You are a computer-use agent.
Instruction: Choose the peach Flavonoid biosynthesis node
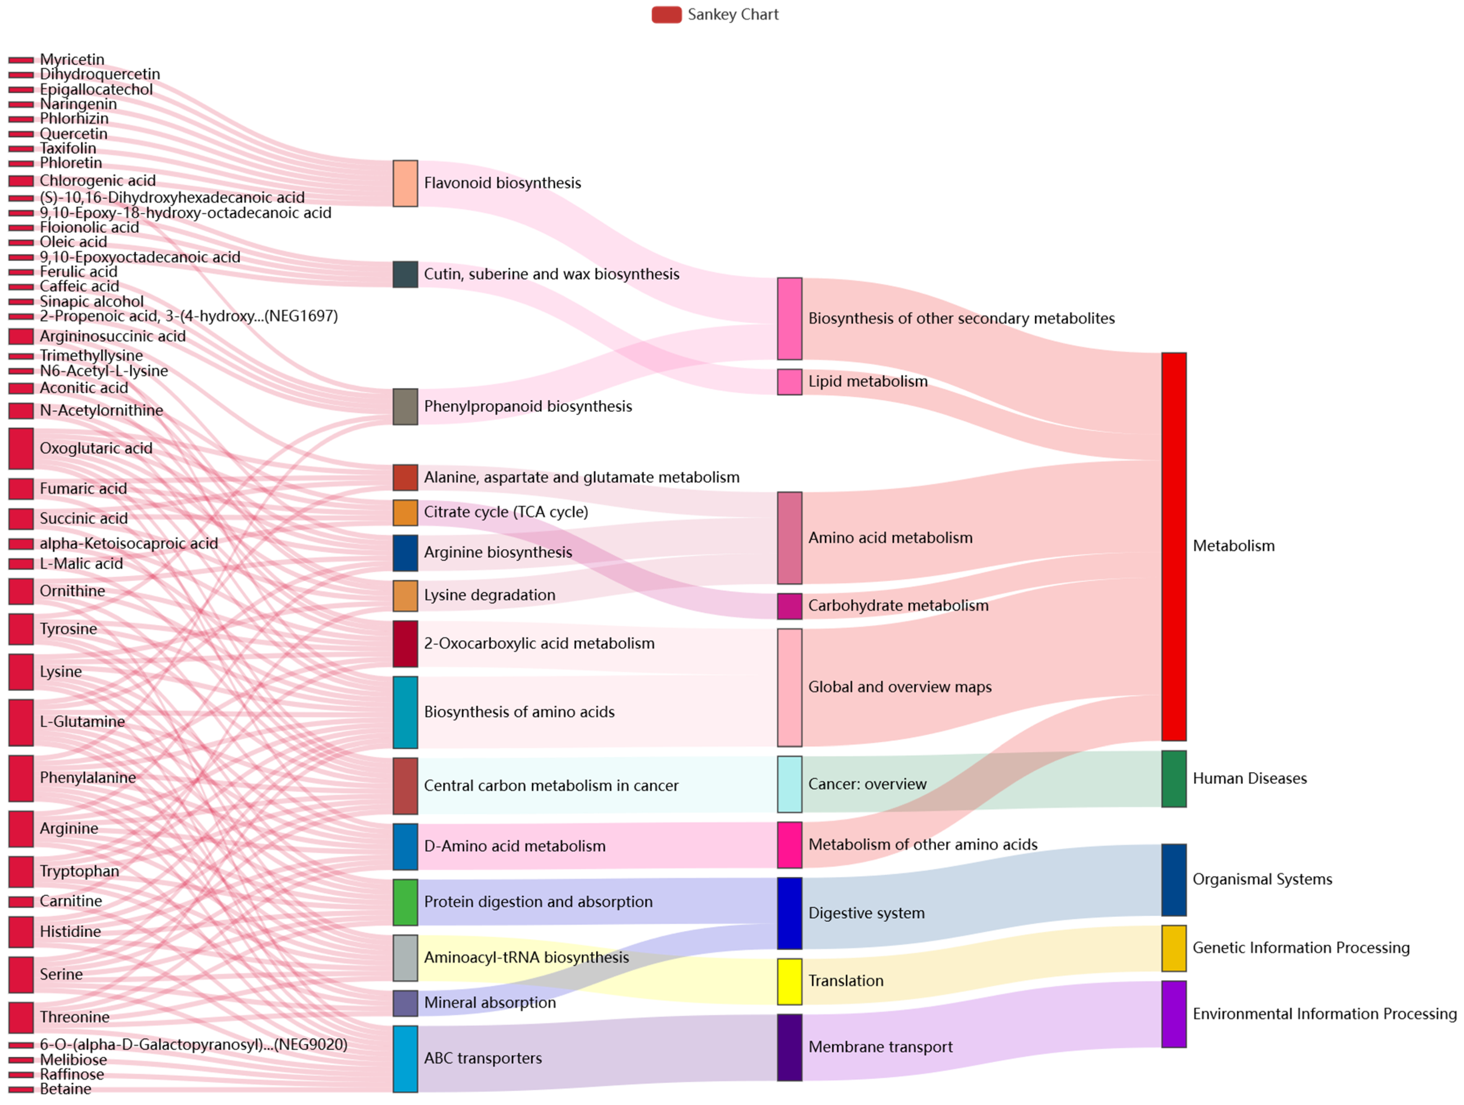pos(405,183)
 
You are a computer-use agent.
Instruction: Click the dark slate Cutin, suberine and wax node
pos(405,274)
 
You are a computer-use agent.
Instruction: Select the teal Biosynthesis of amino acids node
pos(405,712)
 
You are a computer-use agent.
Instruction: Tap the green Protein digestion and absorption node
pos(405,902)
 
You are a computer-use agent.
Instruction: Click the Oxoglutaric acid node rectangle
pos(21,448)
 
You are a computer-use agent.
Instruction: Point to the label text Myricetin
pos(71,60)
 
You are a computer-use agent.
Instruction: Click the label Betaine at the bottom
pos(66,1088)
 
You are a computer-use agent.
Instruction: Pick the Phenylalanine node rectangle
pos(21,778)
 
